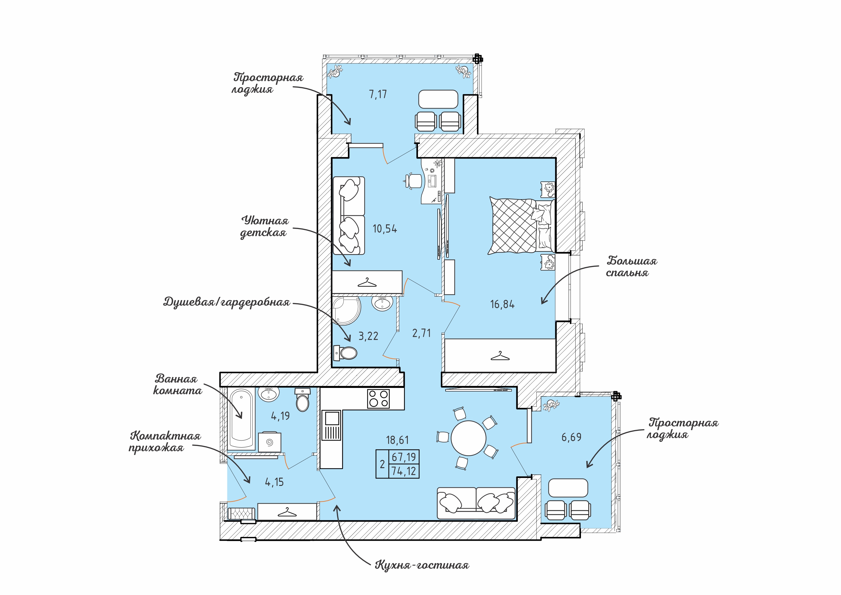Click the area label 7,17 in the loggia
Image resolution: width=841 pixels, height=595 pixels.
(x=378, y=95)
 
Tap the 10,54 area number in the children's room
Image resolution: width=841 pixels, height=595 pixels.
(x=385, y=229)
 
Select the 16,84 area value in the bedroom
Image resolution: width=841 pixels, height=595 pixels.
(x=502, y=304)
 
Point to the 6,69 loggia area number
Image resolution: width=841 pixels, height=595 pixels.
(x=571, y=437)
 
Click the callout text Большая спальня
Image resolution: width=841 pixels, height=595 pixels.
(x=631, y=267)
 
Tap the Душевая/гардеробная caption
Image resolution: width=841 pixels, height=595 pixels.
(x=227, y=302)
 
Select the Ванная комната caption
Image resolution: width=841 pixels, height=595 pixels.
(x=177, y=384)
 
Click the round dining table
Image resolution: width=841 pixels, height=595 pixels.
(x=468, y=438)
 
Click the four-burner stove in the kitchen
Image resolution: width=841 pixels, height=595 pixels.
(x=378, y=399)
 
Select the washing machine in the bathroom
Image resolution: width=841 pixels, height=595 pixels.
(x=270, y=442)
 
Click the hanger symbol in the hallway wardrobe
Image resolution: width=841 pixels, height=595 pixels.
(x=287, y=512)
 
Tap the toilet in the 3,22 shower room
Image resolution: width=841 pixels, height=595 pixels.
(x=345, y=353)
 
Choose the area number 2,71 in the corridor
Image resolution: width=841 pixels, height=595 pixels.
(x=421, y=333)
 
